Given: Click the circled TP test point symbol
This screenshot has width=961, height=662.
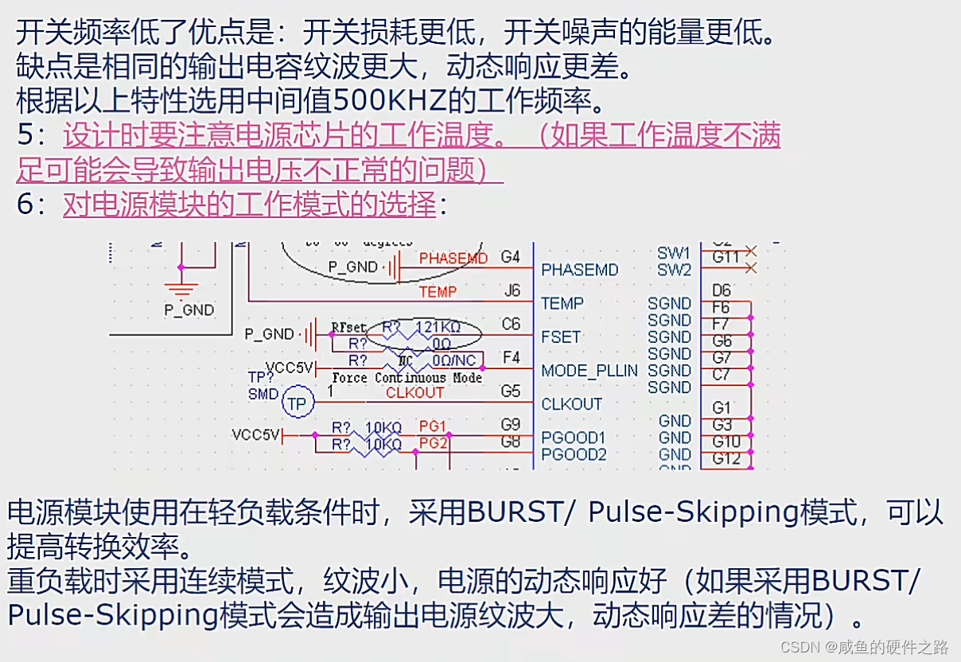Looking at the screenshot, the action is click(x=297, y=404).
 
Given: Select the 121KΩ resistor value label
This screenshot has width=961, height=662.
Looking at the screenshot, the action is click(x=438, y=328).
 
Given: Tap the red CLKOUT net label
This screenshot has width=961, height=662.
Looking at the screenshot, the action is click(x=414, y=392).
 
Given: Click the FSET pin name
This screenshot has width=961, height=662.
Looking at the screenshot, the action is click(x=561, y=337).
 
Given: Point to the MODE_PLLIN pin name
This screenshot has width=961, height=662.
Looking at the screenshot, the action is click(x=589, y=371).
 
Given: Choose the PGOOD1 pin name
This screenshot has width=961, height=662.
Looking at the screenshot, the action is click(x=574, y=438).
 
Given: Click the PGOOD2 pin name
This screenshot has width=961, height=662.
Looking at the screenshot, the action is click(x=574, y=454).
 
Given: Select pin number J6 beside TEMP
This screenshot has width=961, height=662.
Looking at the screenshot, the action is click(x=512, y=291).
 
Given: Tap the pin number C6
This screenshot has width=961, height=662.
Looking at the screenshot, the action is click(x=510, y=325).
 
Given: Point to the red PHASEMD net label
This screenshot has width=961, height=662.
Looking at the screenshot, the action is click(x=453, y=259).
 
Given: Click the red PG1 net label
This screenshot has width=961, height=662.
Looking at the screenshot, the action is click(x=433, y=426).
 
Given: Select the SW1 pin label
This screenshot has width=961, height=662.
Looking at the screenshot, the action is click(x=674, y=253).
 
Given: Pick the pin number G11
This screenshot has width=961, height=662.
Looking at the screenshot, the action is click(x=726, y=257).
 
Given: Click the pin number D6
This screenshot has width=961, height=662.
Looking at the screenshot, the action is click(x=722, y=291).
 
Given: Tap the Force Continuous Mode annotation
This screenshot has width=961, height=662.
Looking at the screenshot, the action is click(x=407, y=378).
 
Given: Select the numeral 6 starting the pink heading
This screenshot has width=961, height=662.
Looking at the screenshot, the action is click(x=25, y=204).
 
